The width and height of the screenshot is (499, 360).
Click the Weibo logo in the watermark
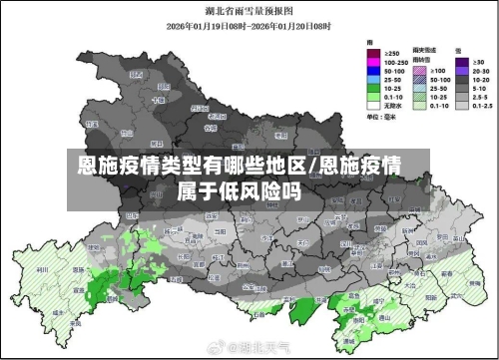click(x=213, y=349)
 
